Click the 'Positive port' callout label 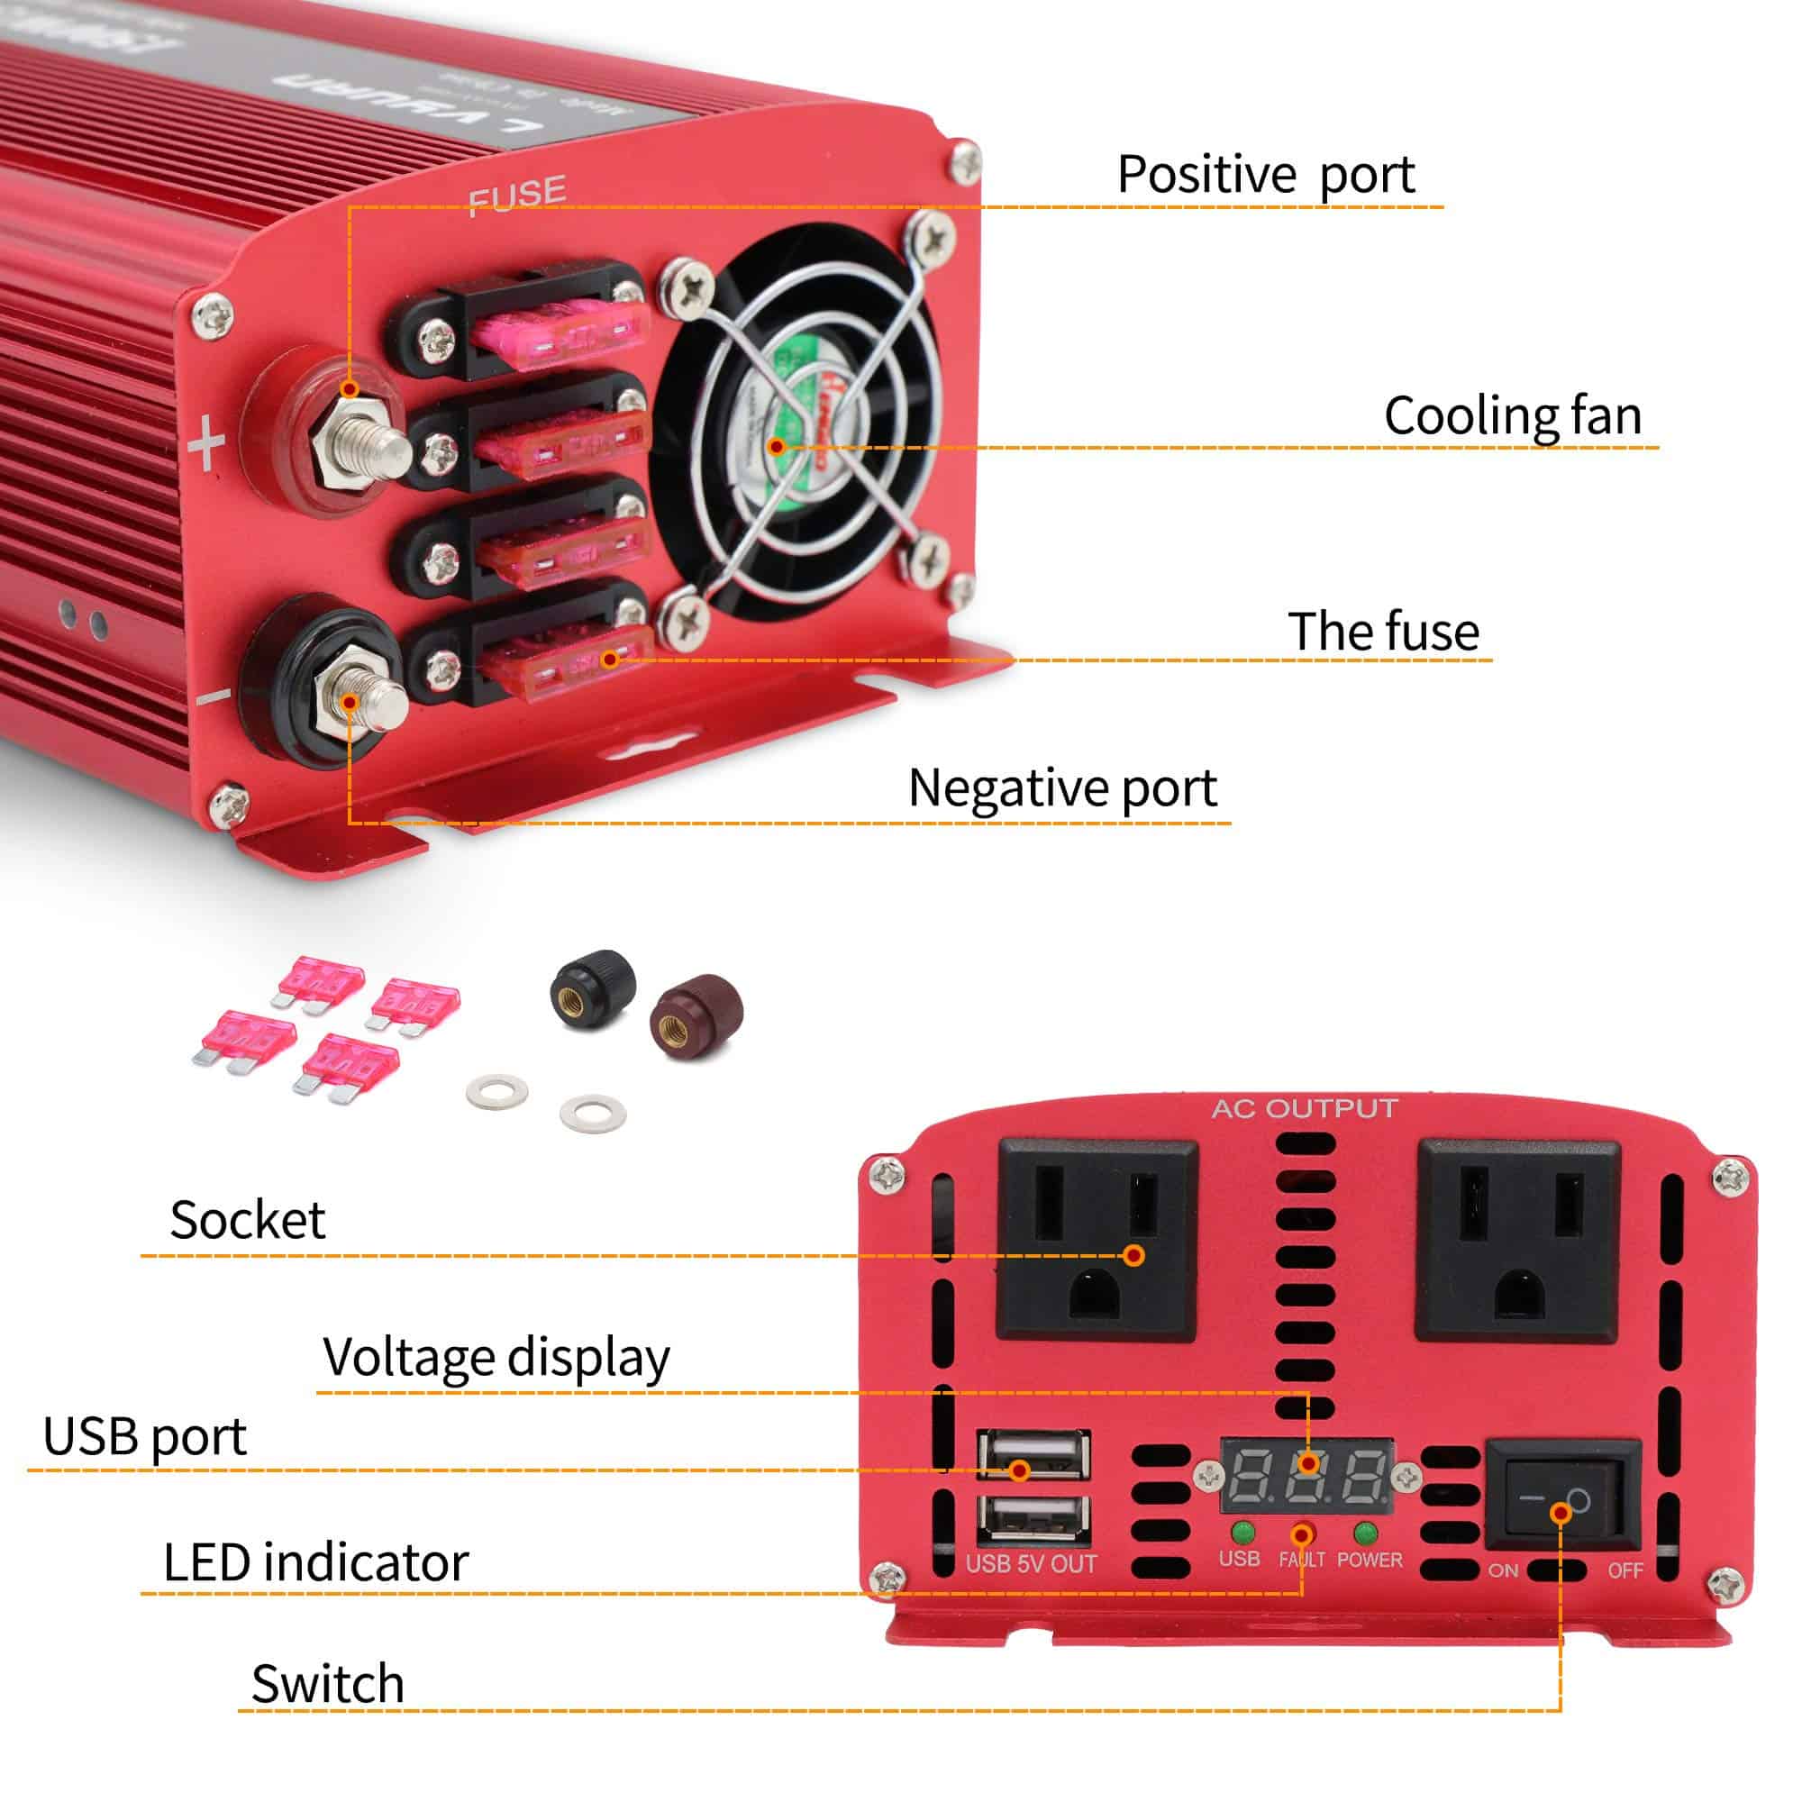coord(1265,176)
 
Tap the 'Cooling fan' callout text coord(1512,416)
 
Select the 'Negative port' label coord(1062,789)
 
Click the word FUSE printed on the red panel coord(516,194)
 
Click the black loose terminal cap coord(592,989)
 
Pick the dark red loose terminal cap coord(696,1015)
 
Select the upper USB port coord(1033,1453)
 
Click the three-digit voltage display coord(1306,1476)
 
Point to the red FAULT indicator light coord(1302,1534)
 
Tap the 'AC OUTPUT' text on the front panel coord(1304,1108)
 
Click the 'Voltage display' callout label coord(496,1357)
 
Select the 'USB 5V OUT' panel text coord(1031,1564)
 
